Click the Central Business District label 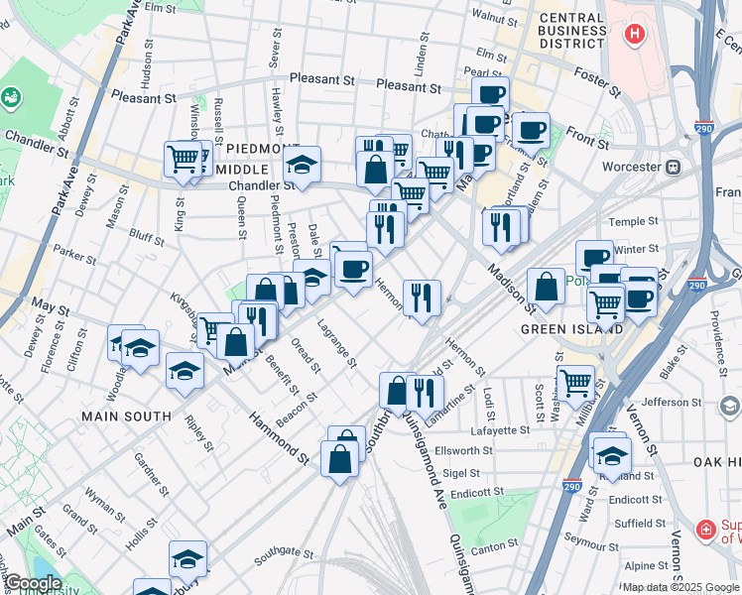(569, 31)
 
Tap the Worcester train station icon (673, 167)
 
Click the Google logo (33, 584)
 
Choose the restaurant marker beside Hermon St (422, 297)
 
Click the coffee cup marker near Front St (531, 129)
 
